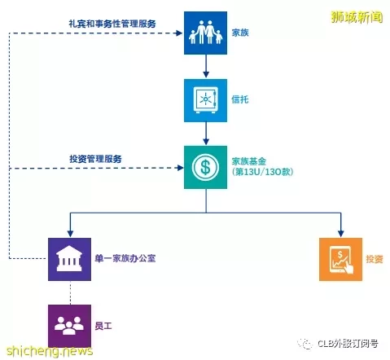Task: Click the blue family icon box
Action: click(205, 33)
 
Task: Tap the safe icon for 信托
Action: click(205, 100)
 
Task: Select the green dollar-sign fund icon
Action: click(205, 167)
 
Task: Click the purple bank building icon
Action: click(69, 259)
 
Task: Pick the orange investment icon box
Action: click(340, 259)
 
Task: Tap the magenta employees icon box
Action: click(69, 326)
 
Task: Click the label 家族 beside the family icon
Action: click(240, 33)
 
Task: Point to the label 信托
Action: click(240, 99)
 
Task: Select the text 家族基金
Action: click(249, 161)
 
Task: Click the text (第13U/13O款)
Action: click(262, 172)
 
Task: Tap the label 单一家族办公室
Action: click(125, 258)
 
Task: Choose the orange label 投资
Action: click(375, 259)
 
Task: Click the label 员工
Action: click(103, 326)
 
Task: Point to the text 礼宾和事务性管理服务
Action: click(112, 24)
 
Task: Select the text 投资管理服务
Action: click(95, 159)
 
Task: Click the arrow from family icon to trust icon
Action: click(206, 66)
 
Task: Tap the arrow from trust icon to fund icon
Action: click(206, 134)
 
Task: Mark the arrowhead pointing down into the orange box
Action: click(341, 233)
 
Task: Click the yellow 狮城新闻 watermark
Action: click(357, 17)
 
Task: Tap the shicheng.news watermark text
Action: click(50, 351)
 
